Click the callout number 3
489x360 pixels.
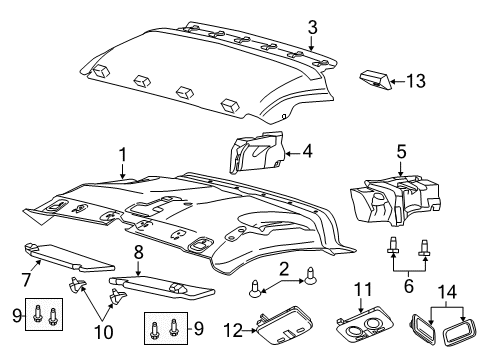(312, 27)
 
